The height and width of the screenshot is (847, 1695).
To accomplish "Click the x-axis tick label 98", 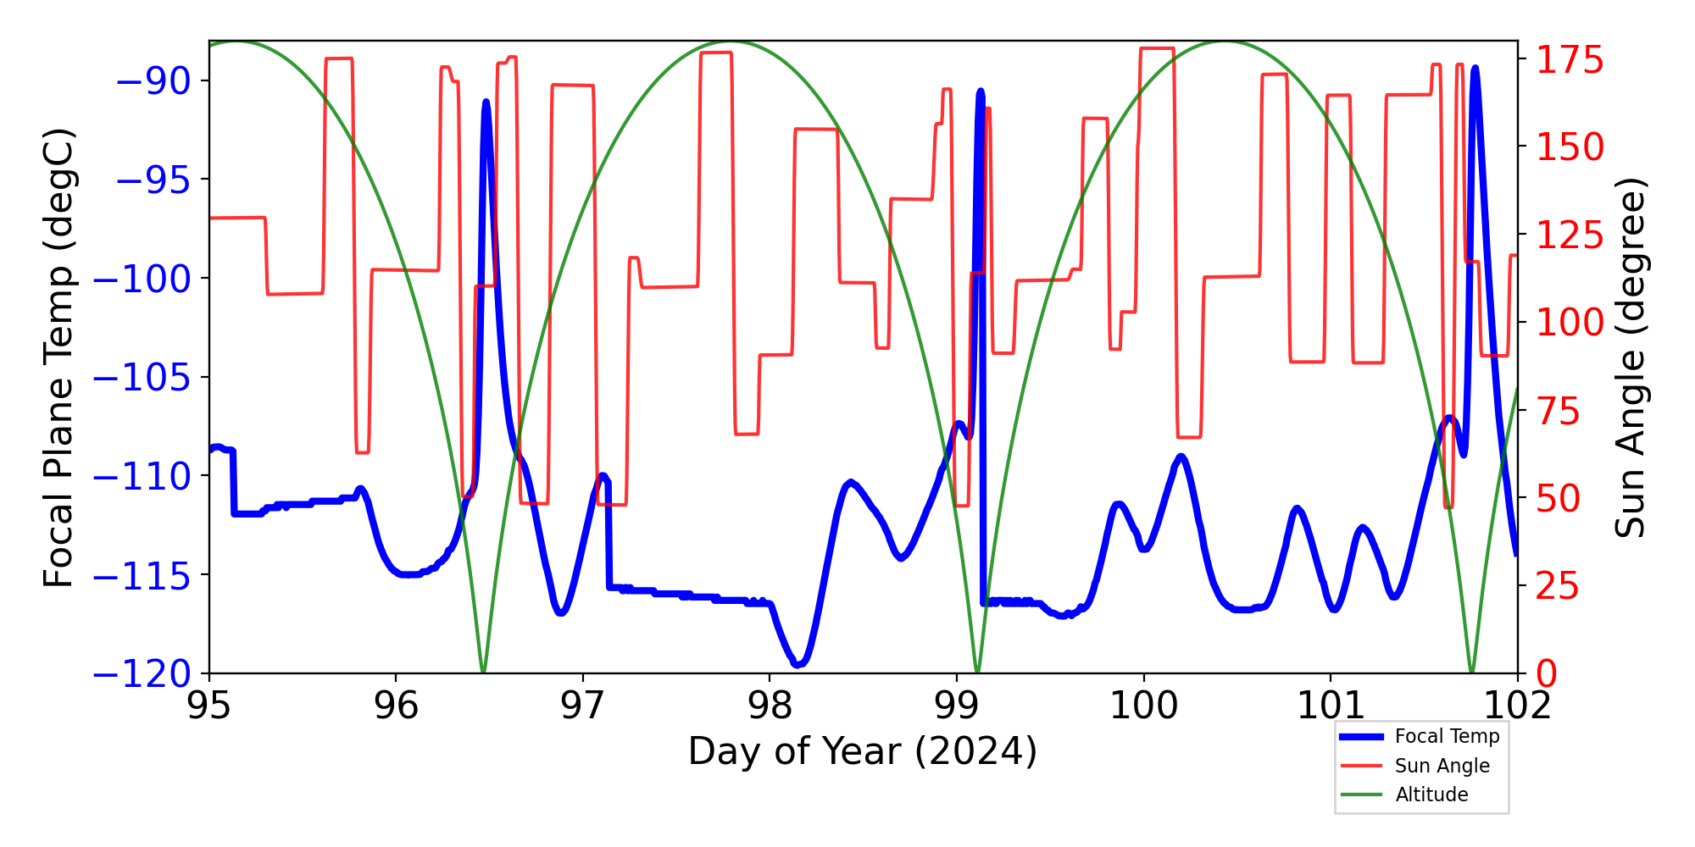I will pyautogui.click(x=770, y=705).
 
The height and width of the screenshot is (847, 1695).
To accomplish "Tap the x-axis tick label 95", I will pyautogui.click(x=208, y=705).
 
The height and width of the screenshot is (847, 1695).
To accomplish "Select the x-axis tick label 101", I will pyautogui.click(x=1331, y=705).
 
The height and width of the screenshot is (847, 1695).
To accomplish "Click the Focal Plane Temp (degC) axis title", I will pyautogui.click(x=59, y=357).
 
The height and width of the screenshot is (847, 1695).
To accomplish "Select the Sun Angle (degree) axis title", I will pyautogui.click(x=1629, y=357).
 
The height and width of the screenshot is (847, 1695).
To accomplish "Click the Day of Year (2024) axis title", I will pyautogui.click(x=862, y=751).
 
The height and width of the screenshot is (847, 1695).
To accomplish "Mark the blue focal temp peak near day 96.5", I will pyautogui.click(x=486, y=102).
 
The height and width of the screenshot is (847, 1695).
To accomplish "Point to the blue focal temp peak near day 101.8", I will pyautogui.click(x=1475, y=68).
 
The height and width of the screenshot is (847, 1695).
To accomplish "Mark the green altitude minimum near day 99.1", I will pyautogui.click(x=977, y=672).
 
